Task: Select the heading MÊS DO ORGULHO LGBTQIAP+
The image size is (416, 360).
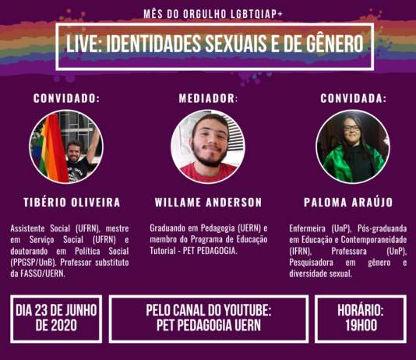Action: tap(213, 14)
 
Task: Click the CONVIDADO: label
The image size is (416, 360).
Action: tap(66, 98)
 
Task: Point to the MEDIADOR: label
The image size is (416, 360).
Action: tap(208, 98)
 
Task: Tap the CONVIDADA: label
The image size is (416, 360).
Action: tap(353, 98)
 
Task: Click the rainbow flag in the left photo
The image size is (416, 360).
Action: tap(51, 149)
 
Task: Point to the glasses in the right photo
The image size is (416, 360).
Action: tap(351, 128)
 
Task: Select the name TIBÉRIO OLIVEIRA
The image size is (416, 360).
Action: tap(72, 203)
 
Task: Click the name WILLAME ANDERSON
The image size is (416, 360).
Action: tap(208, 203)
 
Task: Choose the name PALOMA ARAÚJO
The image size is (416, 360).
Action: tap(348, 203)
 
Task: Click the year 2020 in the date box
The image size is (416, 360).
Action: tap(64, 326)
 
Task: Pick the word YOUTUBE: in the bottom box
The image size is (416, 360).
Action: tap(247, 310)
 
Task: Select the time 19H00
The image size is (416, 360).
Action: tap(361, 326)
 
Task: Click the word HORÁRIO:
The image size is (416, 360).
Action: tap(361, 310)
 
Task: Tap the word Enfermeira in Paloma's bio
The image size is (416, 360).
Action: tap(307, 228)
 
